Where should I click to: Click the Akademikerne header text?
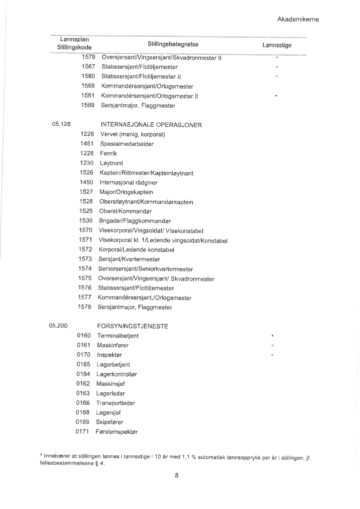[298, 20]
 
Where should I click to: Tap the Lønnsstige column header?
[277, 45]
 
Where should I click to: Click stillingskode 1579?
[88, 57]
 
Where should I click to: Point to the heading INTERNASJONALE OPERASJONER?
[151, 125]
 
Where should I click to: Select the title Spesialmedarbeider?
[127, 144]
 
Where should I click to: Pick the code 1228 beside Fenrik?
[87, 153]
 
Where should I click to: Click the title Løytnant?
[112, 163]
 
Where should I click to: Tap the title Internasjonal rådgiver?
[129, 182]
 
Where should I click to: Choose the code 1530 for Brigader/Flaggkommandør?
[86, 221]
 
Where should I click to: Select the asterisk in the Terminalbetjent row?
[272, 336]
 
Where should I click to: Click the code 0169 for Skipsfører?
[83, 422]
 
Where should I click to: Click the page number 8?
[177, 476]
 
